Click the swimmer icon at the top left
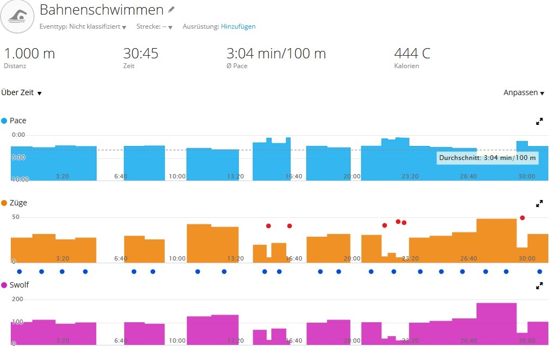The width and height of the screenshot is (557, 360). (18, 17)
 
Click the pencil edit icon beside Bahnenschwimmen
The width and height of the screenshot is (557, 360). (171, 10)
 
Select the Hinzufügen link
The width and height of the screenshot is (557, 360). (238, 26)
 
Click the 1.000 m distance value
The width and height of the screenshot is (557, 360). (29, 54)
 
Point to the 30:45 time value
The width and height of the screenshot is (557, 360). (140, 54)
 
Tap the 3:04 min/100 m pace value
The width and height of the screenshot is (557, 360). (276, 54)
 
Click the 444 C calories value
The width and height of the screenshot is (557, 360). (412, 54)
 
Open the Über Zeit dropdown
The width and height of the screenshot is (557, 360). (22, 93)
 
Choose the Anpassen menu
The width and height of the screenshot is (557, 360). (524, 93)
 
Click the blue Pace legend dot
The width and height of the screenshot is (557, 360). (4, 121)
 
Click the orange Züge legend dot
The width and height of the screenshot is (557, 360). (4, 203)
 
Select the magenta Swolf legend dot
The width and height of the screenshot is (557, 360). (4, 285)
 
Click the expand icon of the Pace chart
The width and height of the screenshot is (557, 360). (539, 122)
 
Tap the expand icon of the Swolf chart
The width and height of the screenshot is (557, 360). (539, 286)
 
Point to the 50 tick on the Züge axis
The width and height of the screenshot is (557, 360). (16, 217)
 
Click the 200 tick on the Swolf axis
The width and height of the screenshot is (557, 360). (18, 299)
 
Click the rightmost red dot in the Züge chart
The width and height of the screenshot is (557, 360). (522, 218)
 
